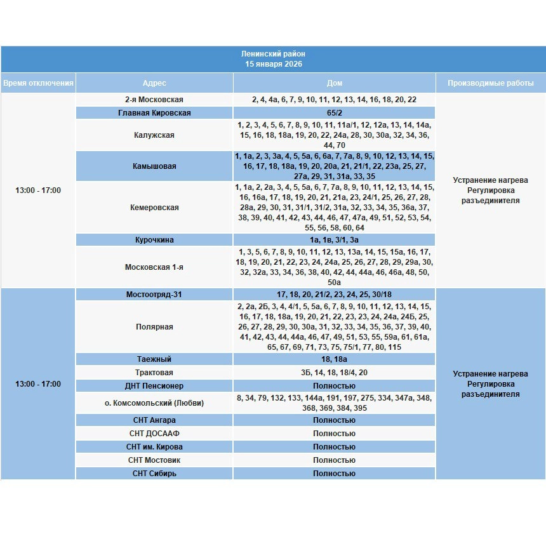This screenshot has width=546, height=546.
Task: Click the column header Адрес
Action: coord(154,83)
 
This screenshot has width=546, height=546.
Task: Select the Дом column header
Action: coord(334,83)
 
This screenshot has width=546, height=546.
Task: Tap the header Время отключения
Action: coord(38,83)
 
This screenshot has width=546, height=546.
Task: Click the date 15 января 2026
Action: coord(274,64)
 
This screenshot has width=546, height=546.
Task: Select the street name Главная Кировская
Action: coord(154,113)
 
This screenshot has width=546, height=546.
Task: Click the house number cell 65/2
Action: coord(334,113)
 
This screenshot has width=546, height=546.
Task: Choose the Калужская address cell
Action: coord(154,135)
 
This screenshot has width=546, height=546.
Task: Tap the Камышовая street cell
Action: coord(154,166)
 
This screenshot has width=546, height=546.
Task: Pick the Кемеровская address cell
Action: coord(154,208)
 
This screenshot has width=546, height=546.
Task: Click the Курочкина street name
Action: coord(154,240)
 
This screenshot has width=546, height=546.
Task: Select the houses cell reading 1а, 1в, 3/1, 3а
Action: coord(334,240)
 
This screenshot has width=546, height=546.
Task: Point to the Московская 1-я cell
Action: coord(154,267)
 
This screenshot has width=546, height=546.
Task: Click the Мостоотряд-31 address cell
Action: coord(154,295)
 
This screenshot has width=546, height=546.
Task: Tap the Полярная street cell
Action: coord(154,327)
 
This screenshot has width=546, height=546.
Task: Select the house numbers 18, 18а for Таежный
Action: coord(334,359)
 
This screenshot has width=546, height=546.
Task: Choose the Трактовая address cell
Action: coord(154,373)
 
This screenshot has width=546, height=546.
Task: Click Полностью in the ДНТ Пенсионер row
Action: coord(334,386)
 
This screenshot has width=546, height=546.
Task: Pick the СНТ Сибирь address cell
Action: coord(154,474)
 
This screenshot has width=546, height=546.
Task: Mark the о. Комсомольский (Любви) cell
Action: coord(154,403)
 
